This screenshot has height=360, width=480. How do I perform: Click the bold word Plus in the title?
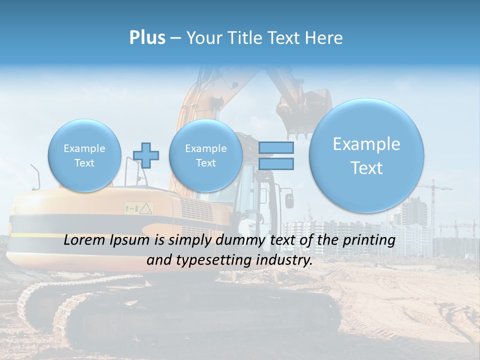click(x=147, y=38)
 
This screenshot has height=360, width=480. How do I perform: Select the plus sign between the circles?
click(x=146, y=155)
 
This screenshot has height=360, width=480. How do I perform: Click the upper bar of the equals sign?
click(x=276, y=147)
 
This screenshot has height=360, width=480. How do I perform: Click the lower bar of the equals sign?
click(x=276, y=163)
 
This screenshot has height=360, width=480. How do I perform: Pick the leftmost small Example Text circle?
click(x=84, y=155)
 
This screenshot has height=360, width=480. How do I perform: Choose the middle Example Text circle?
click(x=205, y=155)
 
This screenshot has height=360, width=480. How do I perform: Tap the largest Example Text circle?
click(x=366, y=155)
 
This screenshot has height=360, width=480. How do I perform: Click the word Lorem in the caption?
click(x=84, y=240)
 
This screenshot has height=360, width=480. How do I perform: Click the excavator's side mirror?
click(x=289, y=199)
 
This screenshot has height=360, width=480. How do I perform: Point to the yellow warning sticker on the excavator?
click(x=145, y=207)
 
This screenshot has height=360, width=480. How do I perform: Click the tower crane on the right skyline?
click(x=433, y=200)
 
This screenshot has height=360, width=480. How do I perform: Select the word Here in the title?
click(x=325, y=38)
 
